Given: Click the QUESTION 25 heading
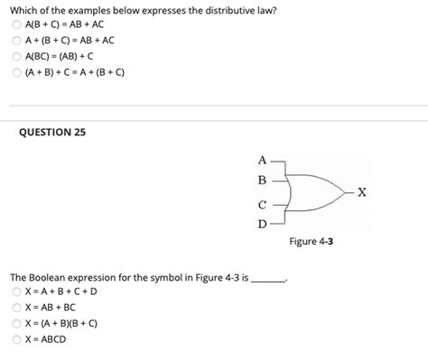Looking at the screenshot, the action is (x=52, y=132).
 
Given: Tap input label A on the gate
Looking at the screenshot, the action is (x=262, y=162).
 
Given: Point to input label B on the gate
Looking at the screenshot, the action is (x=262, y=180).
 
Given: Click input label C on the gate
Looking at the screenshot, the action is (x=262, y=204).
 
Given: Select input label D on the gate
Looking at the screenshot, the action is (x=262, y=221).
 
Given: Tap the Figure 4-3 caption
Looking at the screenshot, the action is (x=312, y=241).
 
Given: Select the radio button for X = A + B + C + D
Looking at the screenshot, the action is (x=18, y=291).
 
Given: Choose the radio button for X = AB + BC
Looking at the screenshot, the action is (x=18, y=308).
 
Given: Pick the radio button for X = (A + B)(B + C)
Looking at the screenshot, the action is (x=18, y=323).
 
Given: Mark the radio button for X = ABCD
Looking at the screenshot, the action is (x=18, y=339).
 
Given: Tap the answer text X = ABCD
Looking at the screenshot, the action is (x=46, y=339).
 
